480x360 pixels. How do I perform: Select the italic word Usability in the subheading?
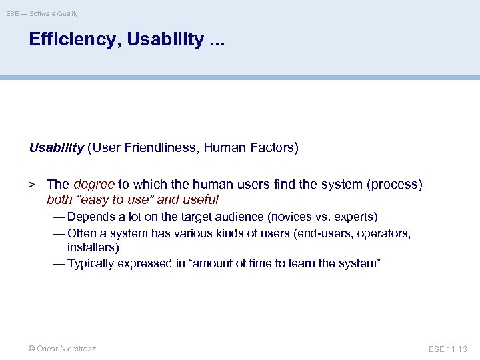click(56, 148)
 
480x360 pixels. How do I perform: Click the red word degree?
click(94, 184)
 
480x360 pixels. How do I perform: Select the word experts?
click(356, 217)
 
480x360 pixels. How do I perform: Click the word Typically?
click(91, 263)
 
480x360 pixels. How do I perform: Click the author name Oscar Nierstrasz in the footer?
click(67, 349)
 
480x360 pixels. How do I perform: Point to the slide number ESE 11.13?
click(449, 349)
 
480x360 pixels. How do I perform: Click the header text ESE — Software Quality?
click(42, 13)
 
